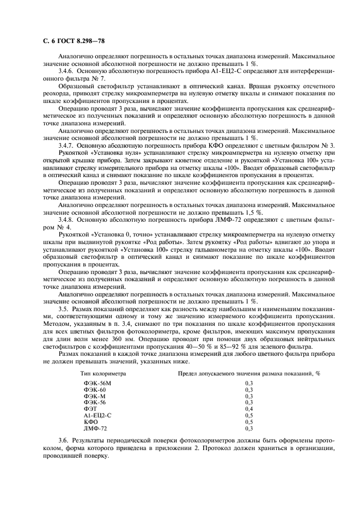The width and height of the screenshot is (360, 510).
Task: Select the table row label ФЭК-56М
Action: click(97, 385)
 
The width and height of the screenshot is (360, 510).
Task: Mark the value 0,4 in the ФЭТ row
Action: click(249, 409)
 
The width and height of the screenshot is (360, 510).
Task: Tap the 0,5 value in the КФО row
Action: click(249, 421)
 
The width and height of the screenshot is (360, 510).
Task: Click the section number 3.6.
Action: click(64, 440)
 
